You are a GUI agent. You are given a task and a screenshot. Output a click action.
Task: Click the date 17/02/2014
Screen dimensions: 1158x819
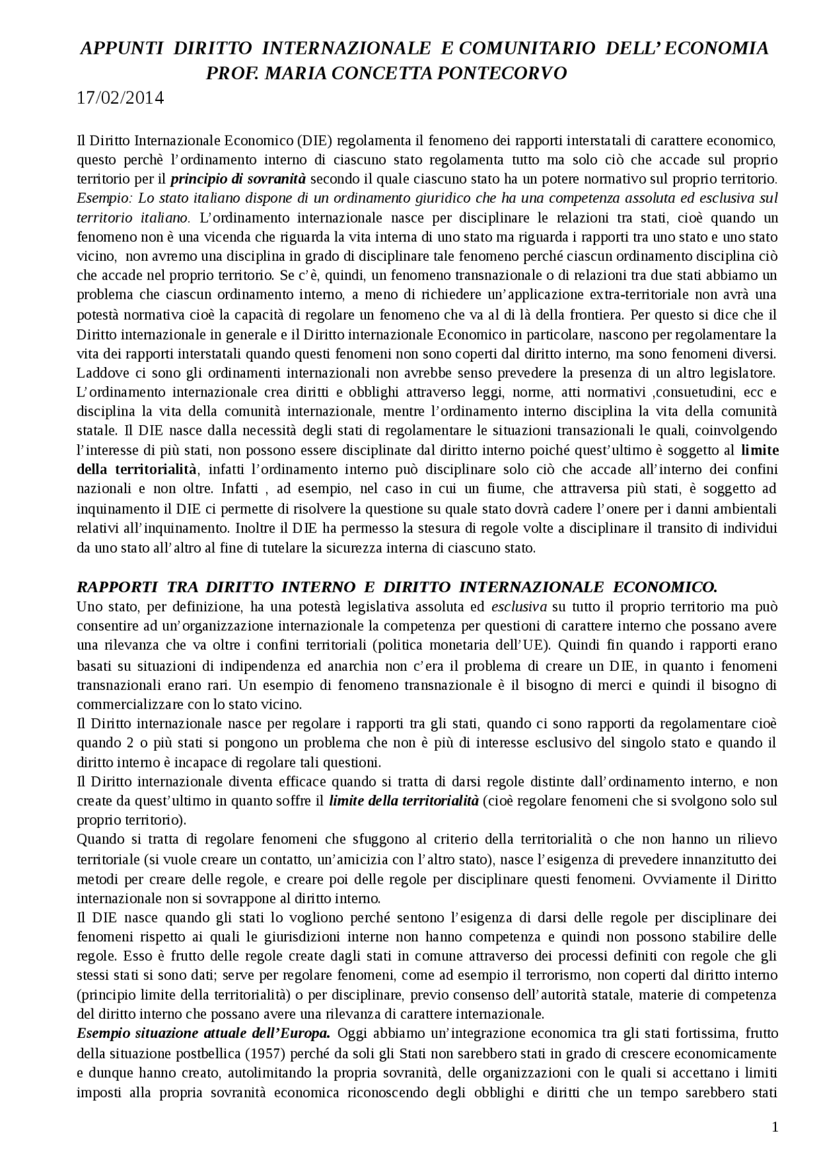point(120,98)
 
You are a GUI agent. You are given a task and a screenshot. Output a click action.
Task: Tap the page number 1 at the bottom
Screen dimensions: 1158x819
point(775,1127)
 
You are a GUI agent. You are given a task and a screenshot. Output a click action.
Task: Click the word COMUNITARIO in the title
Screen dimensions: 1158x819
point(528,49)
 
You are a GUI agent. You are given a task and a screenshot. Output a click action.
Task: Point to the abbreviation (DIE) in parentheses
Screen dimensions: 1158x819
point(317,141)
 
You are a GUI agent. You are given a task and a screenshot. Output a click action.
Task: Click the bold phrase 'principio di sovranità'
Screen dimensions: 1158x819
point(239,179)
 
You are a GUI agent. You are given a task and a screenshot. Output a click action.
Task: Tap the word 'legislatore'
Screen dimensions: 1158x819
point(742,372)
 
